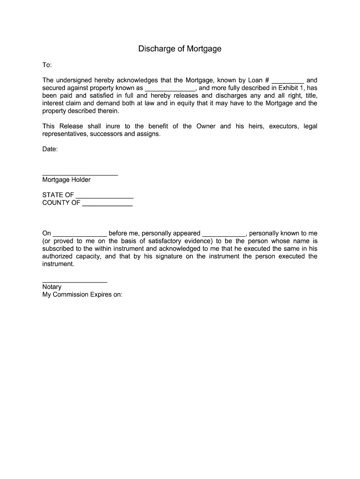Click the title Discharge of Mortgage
[180, 49]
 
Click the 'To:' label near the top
[47, 65]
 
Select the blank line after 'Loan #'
[288, 81]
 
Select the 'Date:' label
[50, 149]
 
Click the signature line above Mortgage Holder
[80, 174]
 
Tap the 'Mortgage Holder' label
[66, 180]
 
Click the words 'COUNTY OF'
[61, 203]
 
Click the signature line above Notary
[75, 282]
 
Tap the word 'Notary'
[52, 287]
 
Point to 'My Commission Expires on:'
[82, 295]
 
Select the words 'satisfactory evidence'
[176, 241]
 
